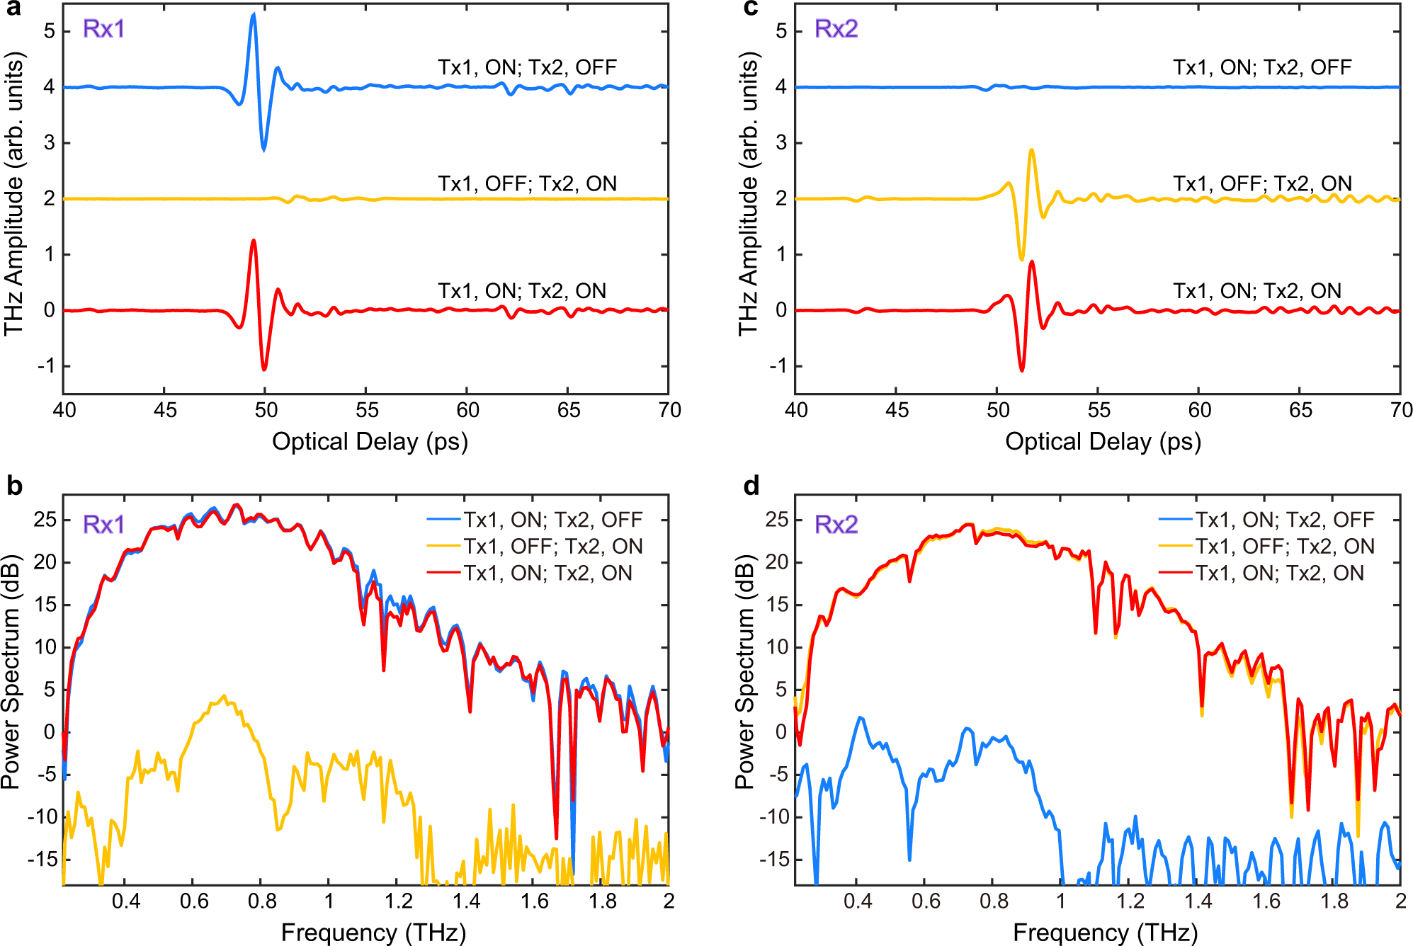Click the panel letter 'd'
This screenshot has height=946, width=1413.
click(x=751, y=486)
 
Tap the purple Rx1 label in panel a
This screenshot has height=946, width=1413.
click(x=104, y=29)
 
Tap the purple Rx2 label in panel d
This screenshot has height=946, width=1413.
click(x=836, y=525)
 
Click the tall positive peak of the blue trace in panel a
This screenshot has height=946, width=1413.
click(x=254, y=16)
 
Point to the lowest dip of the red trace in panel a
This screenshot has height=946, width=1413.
click(x=264, y=369)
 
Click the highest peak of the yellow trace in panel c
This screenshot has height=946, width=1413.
click(x=1031, y=150)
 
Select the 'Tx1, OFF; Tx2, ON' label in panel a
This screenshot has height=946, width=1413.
click(x=527, y=184)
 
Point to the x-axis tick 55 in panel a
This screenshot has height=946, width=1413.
click(x=367, y=410)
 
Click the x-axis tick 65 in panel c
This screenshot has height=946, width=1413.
click(x=1300, y=410)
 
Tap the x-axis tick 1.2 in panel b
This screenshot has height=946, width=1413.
click(x=398, y=901)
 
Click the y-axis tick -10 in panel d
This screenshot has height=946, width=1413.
click(x=772, y=817)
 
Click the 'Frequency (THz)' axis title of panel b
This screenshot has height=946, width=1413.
click(x=373, y=933)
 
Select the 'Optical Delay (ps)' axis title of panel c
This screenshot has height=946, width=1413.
click(x=1103, y=442)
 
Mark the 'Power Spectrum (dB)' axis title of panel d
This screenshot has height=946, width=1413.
click(x=744, y=671)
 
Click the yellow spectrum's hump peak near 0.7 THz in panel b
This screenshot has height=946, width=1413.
click(x=225, y=697)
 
